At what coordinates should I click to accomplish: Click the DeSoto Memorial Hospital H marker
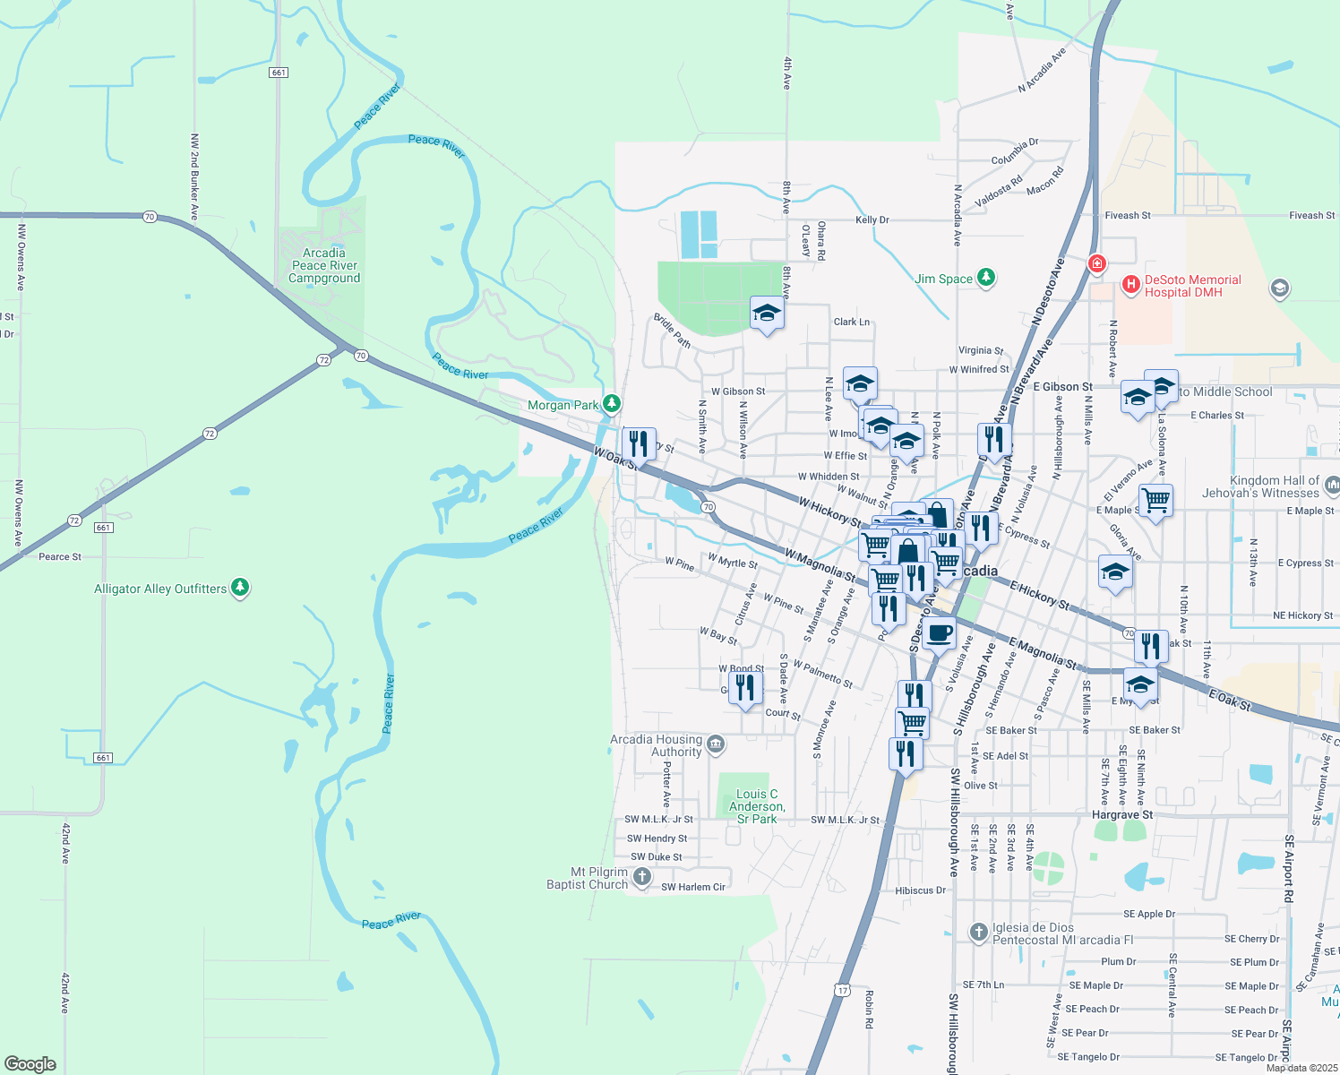[1131, 286]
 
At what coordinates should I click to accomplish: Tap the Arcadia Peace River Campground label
[324, 266]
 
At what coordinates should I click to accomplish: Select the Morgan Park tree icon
[612, 404]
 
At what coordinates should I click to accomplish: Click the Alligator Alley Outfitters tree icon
[239, 588]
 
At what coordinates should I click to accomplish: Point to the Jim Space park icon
[986, 278]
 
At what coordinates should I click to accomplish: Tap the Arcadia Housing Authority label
[657, 745]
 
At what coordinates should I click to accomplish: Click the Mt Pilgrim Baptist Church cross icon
[641, 877]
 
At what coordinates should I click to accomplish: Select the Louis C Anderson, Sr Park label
[757, 806]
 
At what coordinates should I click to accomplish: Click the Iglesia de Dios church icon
[979, 933]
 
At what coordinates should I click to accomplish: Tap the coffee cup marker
[939, 632]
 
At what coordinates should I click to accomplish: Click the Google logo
[30, 1063]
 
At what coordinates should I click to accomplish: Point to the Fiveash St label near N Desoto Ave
[1128, 216]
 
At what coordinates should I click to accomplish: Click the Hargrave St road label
[1122, 814]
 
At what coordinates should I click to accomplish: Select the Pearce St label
[60, 556]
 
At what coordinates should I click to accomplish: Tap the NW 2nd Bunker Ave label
[194, 176]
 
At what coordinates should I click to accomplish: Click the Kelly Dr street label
[872, 219]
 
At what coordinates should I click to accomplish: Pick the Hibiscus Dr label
[920, 890]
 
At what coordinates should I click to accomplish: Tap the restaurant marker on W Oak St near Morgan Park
[638, 443]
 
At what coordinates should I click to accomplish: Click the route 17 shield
[841, 990]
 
